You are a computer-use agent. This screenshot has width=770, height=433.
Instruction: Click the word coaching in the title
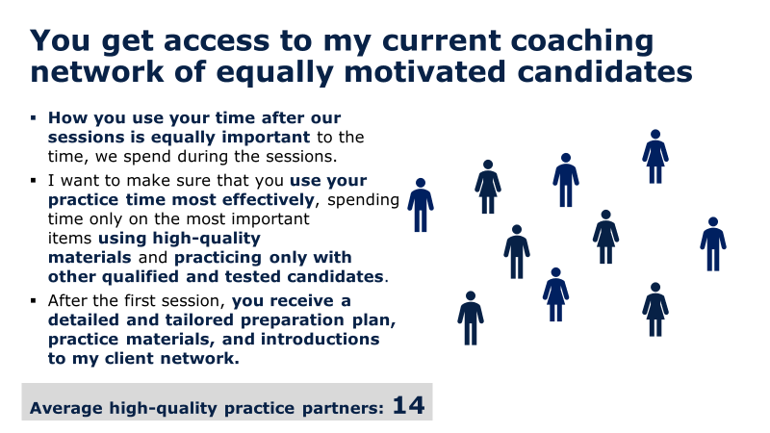click(x=582, y=41)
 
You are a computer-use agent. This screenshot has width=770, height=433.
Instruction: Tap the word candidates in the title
click(x=605, y=71)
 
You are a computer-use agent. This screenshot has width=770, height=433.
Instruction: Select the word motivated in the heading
click(x=424, y=71)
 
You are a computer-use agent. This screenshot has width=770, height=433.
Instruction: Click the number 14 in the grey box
click(x=408, y=405)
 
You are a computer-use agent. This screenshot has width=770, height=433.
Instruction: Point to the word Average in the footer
click(x=66, y=408)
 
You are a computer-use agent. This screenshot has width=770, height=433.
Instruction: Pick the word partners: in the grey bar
click(x=343, y=409)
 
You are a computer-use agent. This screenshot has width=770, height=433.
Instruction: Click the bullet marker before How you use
click(x=34, y=117)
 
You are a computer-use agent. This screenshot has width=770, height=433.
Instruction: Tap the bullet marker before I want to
click(x=34, y=181)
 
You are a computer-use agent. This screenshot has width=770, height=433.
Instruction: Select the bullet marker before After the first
click(x=34, y=300)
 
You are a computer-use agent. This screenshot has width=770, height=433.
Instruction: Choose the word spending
click(x=364, y=201)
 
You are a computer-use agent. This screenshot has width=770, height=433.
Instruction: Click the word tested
click(x=253, y=277)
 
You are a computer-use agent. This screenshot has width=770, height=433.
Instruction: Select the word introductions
click(x=321, y=340)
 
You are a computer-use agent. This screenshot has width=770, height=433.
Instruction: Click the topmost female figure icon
click(x=655, y=157)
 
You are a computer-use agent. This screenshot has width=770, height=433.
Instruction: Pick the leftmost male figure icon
click(x=421, y=205)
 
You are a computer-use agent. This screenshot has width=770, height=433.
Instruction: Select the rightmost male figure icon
click(x=713, y=244)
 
